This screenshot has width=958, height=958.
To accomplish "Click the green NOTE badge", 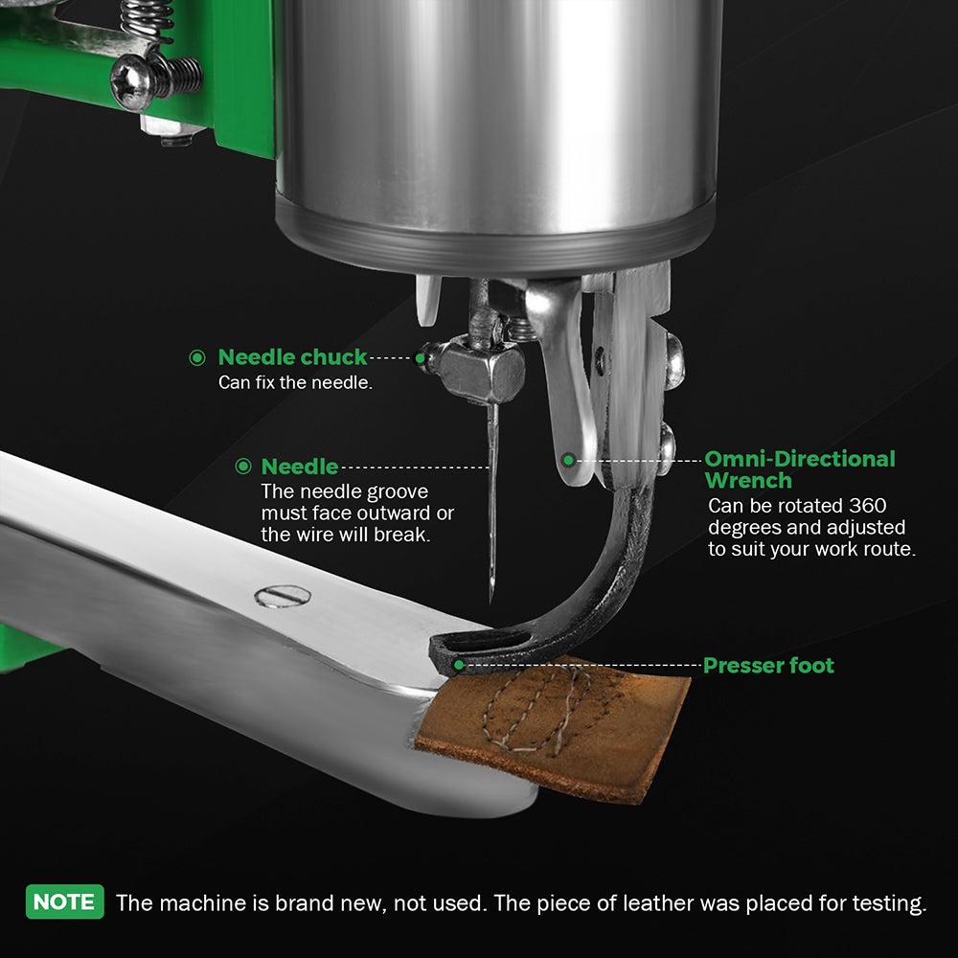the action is click(x=65, y=901).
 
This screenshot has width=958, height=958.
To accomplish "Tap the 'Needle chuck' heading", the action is click(x=292, y=357).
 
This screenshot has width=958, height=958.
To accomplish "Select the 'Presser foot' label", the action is click(x=768, y=666).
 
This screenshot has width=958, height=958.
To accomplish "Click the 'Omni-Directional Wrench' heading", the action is click(x=800, y=469).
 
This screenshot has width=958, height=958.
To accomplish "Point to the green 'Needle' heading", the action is click(x=299, y=467).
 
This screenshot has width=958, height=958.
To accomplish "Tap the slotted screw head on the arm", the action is click(x=283, y=596).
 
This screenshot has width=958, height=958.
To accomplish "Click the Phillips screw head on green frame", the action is click(x=130, y=81).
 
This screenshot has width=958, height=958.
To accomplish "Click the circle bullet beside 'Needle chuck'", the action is click(x=197, y=357).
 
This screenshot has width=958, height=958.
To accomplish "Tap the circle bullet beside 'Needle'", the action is click(x=243, y=467).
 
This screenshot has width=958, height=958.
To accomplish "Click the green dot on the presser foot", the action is click(x=459, y=665).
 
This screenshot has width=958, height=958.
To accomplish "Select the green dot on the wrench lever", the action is click(x=568, y=460).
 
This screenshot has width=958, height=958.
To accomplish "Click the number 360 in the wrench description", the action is click(x=868, y=506).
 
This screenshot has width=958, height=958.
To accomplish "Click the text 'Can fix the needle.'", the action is click(x=296, y=382).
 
